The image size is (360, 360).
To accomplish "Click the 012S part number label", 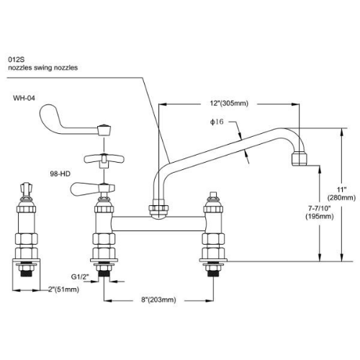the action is pos(17,59).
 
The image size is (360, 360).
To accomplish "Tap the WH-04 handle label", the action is pos(24,98).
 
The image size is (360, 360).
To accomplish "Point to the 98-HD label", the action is pos(60,174).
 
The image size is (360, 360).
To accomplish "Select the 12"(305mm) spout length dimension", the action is pos(229,104).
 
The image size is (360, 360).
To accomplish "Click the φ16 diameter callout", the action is pos(217,122).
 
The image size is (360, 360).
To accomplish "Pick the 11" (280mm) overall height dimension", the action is pos(341,194).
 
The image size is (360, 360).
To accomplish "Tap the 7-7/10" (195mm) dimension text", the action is pos(320,212).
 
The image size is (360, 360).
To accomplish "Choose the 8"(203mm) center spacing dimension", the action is pos(158,300).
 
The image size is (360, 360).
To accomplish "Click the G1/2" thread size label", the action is pos(80,276).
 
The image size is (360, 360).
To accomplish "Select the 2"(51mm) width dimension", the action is pos(63,289).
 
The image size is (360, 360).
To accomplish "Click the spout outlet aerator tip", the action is pos(300,158).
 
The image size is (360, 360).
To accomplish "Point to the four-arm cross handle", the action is pos(104,160).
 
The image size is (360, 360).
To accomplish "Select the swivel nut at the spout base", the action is pos(158,210).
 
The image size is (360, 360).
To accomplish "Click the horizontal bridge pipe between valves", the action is pos(158,224).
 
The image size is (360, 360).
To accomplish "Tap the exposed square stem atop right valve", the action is pos(213,194).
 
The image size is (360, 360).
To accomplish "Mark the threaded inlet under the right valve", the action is pos(213,273).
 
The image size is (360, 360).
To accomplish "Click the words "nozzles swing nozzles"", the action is pos(43,68).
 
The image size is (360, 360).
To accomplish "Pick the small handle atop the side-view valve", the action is pos(26,189).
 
